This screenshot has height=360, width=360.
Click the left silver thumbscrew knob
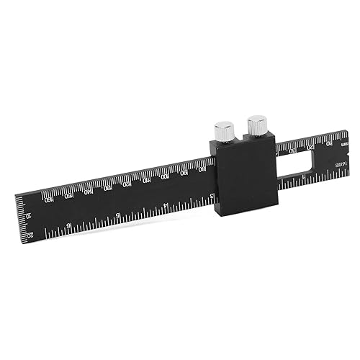coord(225,131)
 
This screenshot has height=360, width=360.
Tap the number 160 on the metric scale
coord(50,198)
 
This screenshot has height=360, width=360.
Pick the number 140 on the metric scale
coord(89,191)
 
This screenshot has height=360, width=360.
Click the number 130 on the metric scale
coord(108,187)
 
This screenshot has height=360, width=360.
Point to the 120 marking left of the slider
coord(127,184)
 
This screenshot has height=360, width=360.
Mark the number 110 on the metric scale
coord(147,180)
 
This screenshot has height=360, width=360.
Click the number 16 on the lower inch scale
coord(70,223)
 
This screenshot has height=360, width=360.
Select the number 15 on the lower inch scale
coord(118,215)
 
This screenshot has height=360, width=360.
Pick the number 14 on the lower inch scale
coord(166,206)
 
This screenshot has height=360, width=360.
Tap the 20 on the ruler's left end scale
coord(30,235)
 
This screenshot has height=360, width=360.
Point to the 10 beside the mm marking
coord(330,143)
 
